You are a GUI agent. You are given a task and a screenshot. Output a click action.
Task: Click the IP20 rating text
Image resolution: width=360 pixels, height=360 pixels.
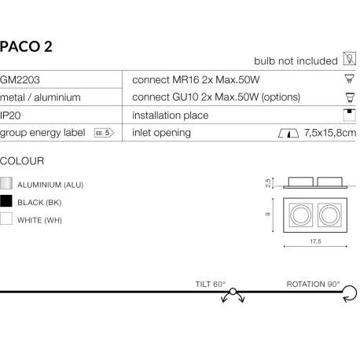pyautogui.click(x=11, y=115)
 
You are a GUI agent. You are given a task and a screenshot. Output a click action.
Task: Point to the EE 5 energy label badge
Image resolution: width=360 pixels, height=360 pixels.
pyautogui.click(x=103, y=133)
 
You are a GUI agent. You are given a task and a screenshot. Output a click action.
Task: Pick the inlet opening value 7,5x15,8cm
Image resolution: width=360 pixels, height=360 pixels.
pyautogui.click(x=329, y=133)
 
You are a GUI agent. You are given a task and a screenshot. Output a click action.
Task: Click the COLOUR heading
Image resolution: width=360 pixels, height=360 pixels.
pyautogui.click(x=22, y=160)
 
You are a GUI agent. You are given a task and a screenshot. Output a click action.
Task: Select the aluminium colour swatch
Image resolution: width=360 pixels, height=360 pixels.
pyautogui.click(x=7, y=184)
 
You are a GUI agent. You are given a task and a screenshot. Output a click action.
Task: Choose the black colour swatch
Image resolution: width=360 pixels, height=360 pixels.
pyautogui.click(x=7, y=201)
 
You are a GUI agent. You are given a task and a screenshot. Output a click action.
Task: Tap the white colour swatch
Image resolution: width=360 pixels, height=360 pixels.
pyautogui.click(x=7, y=219)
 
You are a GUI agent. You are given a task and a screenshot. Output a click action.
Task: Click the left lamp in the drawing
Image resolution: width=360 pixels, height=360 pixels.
pyautogui.click(x=299, y=213)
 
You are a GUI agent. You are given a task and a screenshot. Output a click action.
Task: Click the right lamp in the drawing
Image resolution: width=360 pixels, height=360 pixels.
pyautogui.click(x=329, y=213)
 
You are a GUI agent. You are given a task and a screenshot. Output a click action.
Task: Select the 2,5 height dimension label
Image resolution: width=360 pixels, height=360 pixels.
pyautogui.click(x=268, y=182)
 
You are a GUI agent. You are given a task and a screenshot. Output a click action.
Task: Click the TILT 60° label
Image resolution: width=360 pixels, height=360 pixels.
pyautogui.click(x=211, y=283)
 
